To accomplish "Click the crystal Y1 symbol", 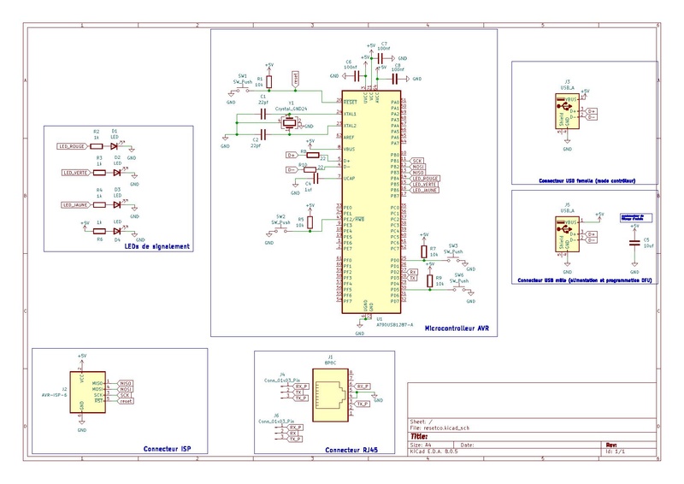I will point(292,123).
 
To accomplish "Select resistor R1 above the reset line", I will point(269,83).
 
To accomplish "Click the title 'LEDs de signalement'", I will point(156,247).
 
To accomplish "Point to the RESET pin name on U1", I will point(350,101).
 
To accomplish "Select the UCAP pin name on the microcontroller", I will point(349,179).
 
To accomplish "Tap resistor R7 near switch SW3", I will point(423,251).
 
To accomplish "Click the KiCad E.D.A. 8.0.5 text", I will point(439,451).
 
